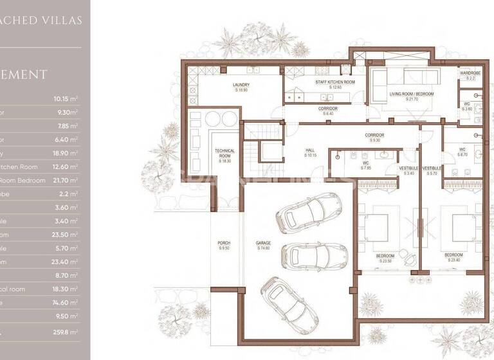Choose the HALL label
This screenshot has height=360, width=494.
311,153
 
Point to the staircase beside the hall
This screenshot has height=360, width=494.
266,145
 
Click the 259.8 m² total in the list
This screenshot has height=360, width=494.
65,332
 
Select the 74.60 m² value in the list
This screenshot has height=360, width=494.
65,302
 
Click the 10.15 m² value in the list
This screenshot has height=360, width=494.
65,99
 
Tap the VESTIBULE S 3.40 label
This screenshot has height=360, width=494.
408,170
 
